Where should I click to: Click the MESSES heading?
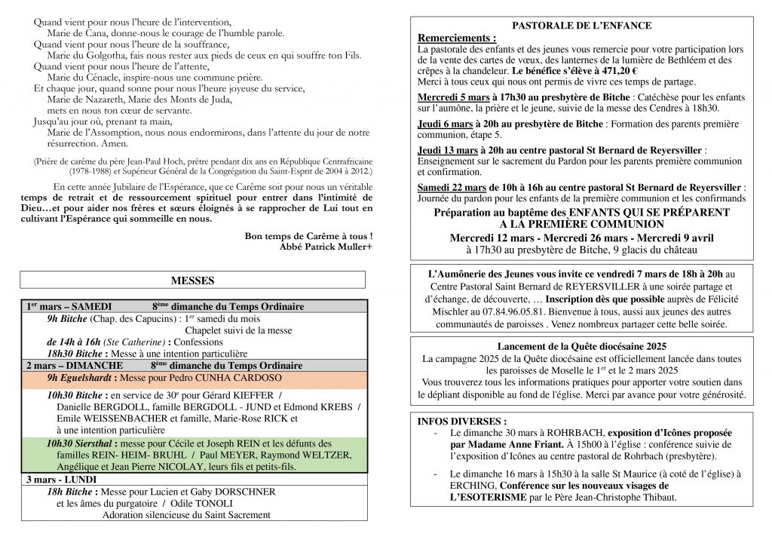[x=192, y=281]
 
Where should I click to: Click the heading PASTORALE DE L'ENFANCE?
[x=581, y=26]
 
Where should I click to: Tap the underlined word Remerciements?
[x=457, y=38]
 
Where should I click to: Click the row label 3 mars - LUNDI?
[x=57, y=479]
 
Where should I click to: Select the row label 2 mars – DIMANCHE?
[x=69, y=364]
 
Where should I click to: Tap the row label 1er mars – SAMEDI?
[x=69, y=307]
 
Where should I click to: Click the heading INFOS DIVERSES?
[x=462, y=421]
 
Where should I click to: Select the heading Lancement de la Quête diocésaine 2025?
[x=581, y=346]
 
